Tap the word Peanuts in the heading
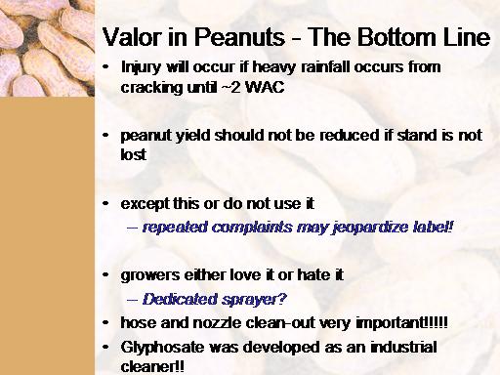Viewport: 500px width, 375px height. tap(239, 37)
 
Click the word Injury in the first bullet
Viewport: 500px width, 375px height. tap(141, 68)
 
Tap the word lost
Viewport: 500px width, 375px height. tap(134, 154)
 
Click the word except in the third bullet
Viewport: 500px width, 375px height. tap(145, 205)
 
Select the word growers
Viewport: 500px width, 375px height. tap(150, 276)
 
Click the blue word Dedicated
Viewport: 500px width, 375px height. tap(180, 299)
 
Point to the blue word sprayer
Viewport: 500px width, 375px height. tap(254, 300)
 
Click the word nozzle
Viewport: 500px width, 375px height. tap(218, 323)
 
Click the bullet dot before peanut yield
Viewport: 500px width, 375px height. tap(105, 135)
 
